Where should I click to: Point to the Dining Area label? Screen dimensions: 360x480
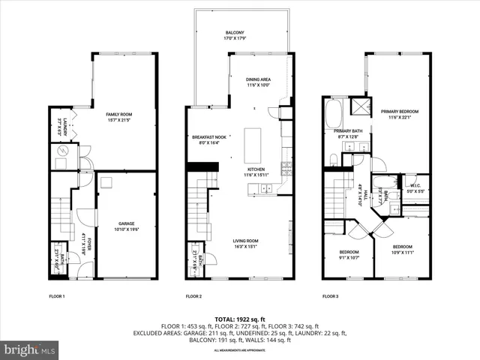259,82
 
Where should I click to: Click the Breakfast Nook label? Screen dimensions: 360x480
204,139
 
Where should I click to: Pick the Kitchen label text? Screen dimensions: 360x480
256,172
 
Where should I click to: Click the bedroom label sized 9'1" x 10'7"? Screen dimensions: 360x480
349,254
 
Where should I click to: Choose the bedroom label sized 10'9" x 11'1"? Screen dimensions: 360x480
403,248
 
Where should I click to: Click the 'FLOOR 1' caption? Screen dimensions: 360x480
57,296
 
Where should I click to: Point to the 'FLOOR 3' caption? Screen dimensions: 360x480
331,296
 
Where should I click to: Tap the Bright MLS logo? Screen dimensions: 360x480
30,349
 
